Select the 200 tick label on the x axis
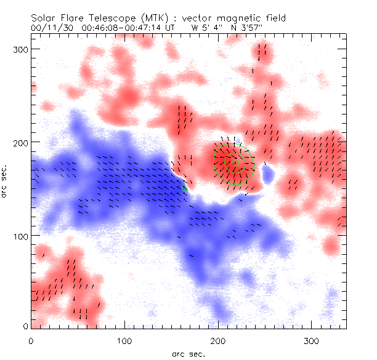218,340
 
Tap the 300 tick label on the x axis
312,340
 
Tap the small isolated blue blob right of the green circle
267,176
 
